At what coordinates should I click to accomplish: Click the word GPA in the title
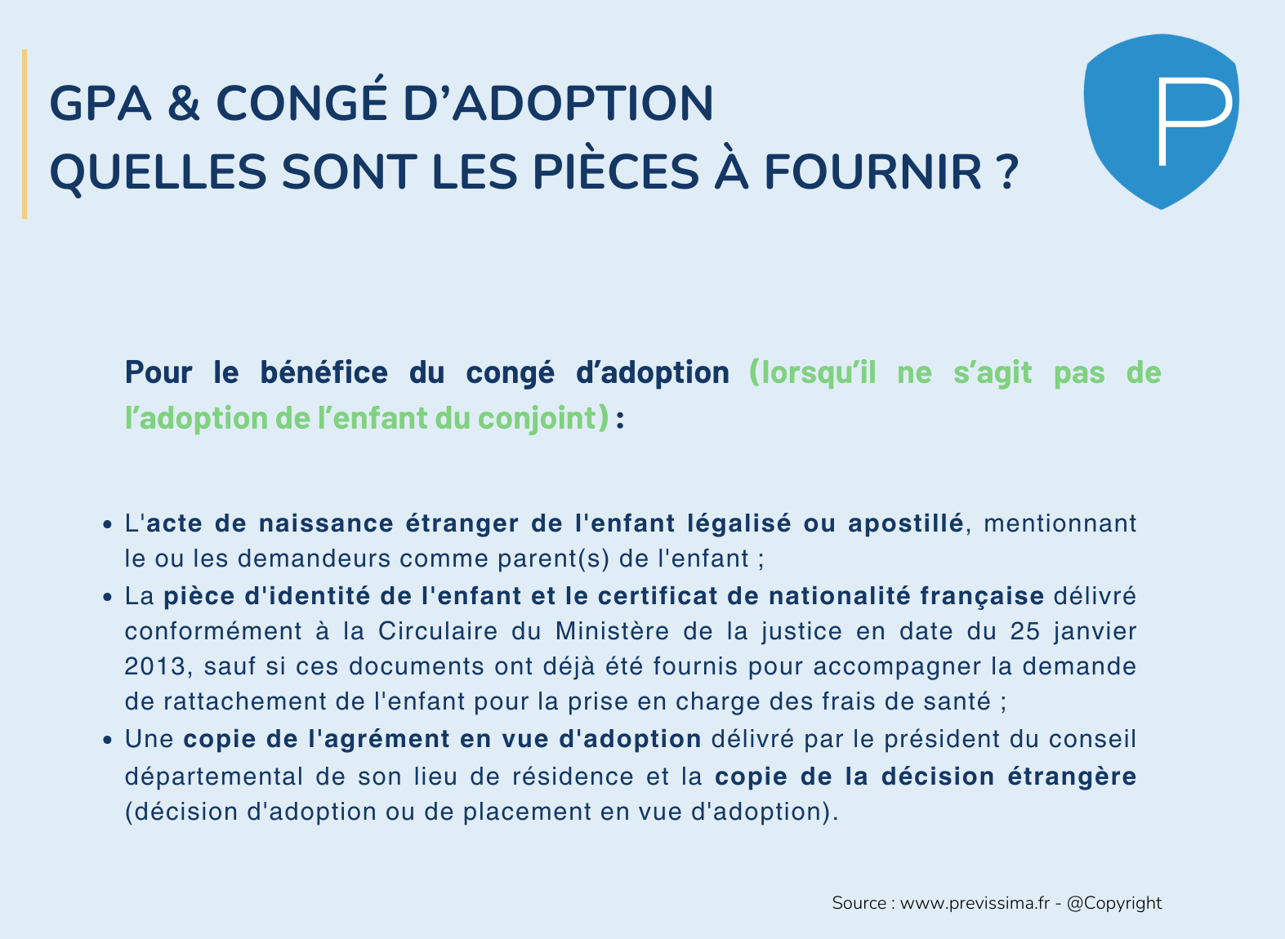100,103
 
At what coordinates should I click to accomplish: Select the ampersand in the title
184,103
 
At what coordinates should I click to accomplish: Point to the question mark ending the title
1007,171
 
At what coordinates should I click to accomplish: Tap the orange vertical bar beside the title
24,134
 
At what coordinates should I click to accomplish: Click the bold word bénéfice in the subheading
324,372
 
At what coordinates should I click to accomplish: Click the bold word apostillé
906,524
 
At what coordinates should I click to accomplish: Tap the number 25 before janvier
1025,631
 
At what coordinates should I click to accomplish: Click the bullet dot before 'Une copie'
107,740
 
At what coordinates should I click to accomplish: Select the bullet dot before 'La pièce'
107,598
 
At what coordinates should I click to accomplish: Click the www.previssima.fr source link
975,903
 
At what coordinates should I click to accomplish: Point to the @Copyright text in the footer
1114,903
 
